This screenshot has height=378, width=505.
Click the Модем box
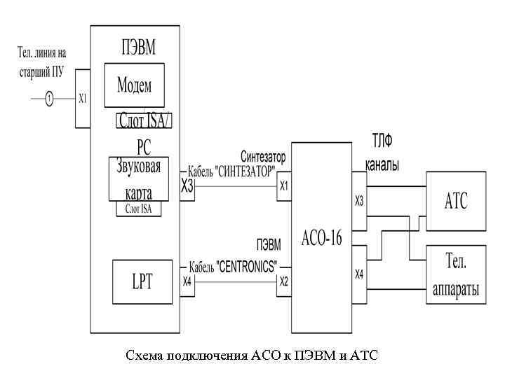coord(134,85)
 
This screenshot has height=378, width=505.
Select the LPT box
coord(142,281)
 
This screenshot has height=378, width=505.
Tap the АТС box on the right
coord(455,202)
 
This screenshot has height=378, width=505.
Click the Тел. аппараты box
coord(455,274)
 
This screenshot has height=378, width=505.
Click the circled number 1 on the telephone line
coord(49,99)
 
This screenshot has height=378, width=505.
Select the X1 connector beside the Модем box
coord(83,99)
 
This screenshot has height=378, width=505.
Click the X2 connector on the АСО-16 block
coord(283,281)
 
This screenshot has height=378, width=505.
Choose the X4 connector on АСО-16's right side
coord(359,274)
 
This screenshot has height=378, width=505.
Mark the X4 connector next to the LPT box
coord(187,281)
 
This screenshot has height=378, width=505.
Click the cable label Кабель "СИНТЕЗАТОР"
coord(229,171)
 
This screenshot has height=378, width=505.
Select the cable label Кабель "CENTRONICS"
coord(232,267)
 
